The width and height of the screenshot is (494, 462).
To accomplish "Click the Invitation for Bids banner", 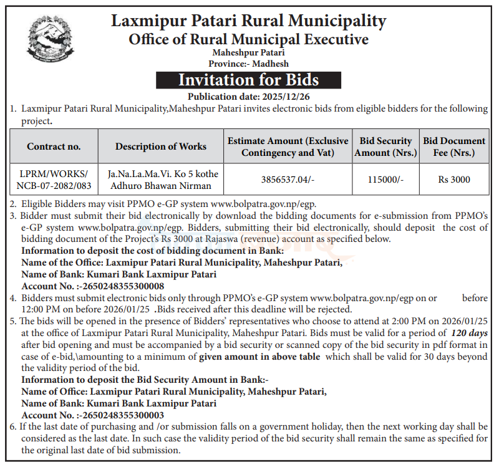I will point(248,80).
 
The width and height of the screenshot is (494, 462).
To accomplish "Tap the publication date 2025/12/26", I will point(248,96).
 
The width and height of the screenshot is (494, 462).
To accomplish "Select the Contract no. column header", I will point(54,147).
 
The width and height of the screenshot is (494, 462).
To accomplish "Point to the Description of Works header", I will point(161,147).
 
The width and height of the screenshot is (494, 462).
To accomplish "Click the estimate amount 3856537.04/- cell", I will point(288,180).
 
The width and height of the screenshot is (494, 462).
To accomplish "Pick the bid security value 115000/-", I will point(385,180).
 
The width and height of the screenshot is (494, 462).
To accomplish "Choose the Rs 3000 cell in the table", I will point(454,180).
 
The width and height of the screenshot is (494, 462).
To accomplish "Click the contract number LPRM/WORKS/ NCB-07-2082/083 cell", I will point(54,180).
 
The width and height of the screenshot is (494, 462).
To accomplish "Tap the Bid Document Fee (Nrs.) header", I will point(454,147).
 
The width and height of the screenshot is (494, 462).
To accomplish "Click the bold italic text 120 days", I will point(470,334).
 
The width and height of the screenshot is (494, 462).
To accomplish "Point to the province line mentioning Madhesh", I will point(248,64).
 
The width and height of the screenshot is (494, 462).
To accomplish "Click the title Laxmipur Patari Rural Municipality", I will point(248,21).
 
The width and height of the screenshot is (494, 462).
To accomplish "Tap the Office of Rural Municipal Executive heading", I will point(248,40).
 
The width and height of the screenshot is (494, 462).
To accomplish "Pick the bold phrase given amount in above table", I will point(259,357).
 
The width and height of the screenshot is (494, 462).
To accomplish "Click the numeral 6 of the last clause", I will point(13,427).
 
